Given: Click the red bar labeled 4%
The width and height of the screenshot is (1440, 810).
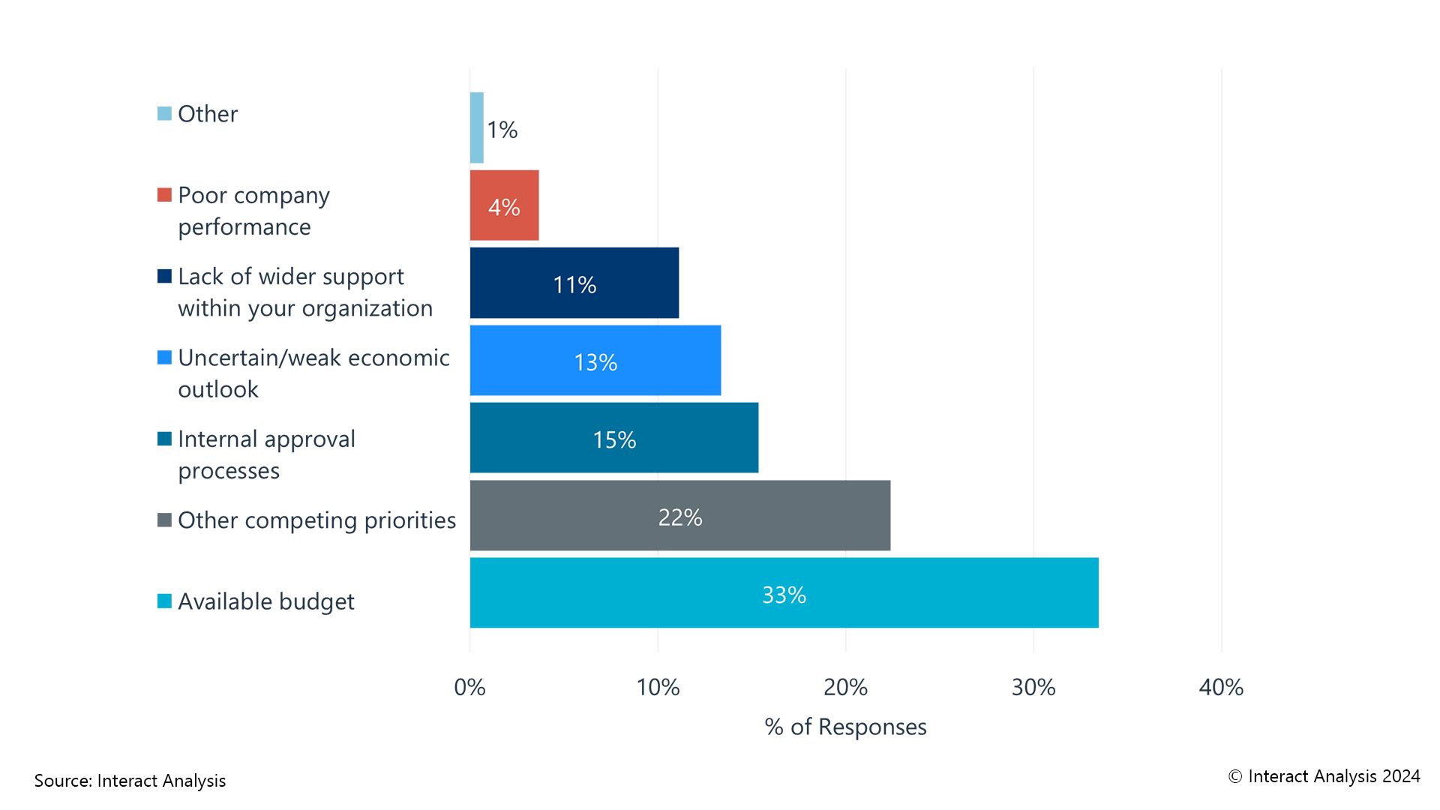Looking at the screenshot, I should pyautogui.click(x=504, y=205).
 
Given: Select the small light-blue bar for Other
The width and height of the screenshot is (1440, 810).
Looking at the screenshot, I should pyautogui.click(x=477, y=127).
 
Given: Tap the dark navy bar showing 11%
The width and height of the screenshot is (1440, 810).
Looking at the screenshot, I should pyautogui.click(x=574, y=283).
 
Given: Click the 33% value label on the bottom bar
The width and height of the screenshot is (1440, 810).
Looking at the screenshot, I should pyautogui.click(x=784, y=595).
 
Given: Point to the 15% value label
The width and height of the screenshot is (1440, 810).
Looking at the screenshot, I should pyautogui.click(x=614, y=439).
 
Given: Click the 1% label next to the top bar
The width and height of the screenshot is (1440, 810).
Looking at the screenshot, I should pyautogui.click(x=502, y=130).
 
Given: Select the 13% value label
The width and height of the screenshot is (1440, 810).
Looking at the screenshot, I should pyautogui.click(x=595, y=362).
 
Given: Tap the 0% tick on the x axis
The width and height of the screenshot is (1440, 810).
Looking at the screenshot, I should pyautogui.click(x=470, y=687).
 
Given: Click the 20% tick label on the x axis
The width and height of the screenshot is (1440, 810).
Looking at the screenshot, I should pyautogui.click(x=845, y=687).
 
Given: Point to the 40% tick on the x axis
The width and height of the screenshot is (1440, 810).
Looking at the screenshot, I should pyautogui.click(x=1221, y=687).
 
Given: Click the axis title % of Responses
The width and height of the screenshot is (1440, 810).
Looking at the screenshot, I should pyautogui.click(x=845, y=727).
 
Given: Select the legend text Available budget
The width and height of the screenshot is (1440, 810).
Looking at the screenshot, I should pyautogui.click(x=265, y=601).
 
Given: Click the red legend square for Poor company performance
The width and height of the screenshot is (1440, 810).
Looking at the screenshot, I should pyautogui.click(x=164, y=195).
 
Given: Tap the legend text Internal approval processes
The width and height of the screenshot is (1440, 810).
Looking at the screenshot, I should pyautogui.click(x=266, y=454).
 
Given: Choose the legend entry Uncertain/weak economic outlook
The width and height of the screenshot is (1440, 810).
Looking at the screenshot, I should pyautogui.click(x=313, y=373).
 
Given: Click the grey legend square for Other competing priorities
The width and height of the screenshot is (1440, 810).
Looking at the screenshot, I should pyautogui.click(x=164, y=520).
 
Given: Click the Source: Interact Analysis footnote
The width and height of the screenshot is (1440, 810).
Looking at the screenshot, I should pyautogui.click(x=130, y=781).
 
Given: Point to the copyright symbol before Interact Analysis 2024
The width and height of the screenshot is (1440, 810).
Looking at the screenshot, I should pyautogui.click(x=1235, y=777).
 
